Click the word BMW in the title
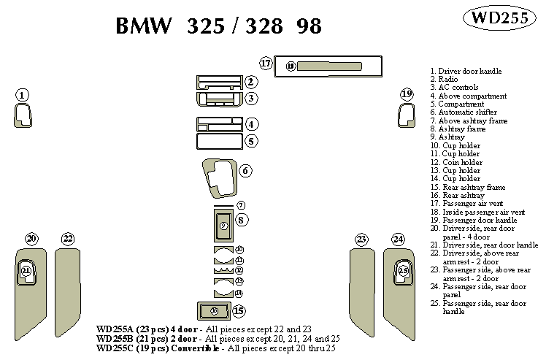tap(145, 26)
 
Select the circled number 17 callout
tap(266, 64)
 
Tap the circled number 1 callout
tap(23, 95)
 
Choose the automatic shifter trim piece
tap(218, 175)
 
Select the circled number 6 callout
tap(246, 171)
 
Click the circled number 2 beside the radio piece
tap(250, 82)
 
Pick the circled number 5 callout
tap(250, 141)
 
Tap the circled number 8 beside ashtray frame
tap(242, 219)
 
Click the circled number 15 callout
tap(239, 311)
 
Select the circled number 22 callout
tap(68, 239)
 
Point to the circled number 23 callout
tap(361, 239)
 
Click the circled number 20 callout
tap(31, 239)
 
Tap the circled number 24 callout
tap(398, 239)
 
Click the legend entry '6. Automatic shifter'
tap(463, 112)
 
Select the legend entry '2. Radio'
tap(445, 79)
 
